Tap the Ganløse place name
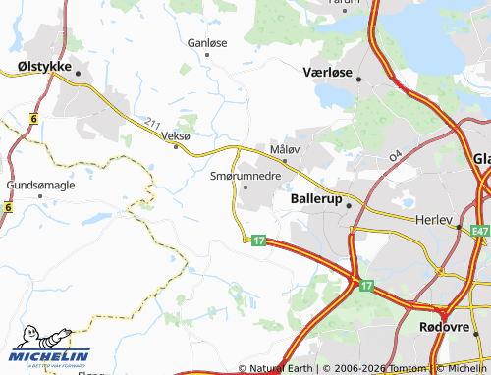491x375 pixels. (207, 43)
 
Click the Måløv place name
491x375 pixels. (284, 149)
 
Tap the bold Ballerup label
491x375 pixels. (316, 197)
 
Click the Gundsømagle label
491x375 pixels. (39, 184)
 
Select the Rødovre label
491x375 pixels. (439, 327)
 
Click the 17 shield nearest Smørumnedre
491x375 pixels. (258, 241)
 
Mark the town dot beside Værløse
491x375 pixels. (359, 79)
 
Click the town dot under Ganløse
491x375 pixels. (207, 56)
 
